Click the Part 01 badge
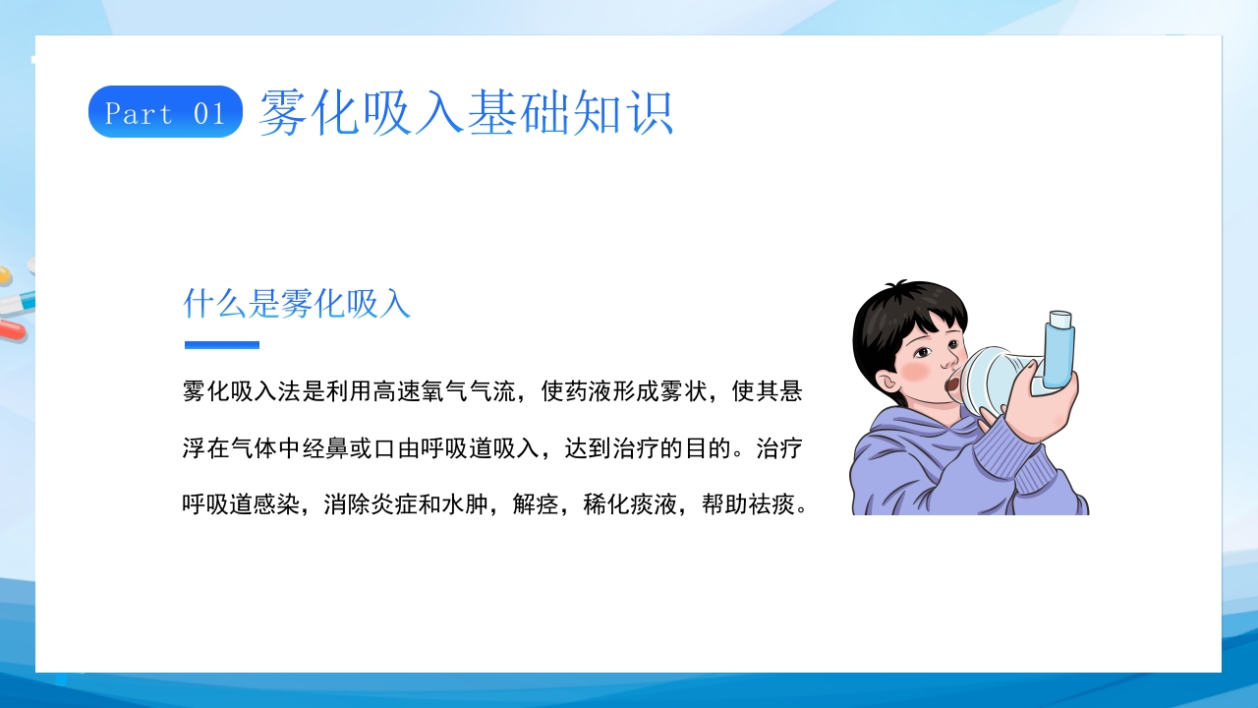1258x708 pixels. click(165, 112)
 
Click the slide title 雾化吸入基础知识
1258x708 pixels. click(466, 112)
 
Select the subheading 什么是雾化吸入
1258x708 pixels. click(297, 304)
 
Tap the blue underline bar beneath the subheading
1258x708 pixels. click(222, 345)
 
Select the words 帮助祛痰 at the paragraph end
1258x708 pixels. click(752, 506)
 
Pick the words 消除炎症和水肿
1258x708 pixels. click(406, 506)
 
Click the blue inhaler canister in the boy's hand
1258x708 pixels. click(1059, 349)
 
